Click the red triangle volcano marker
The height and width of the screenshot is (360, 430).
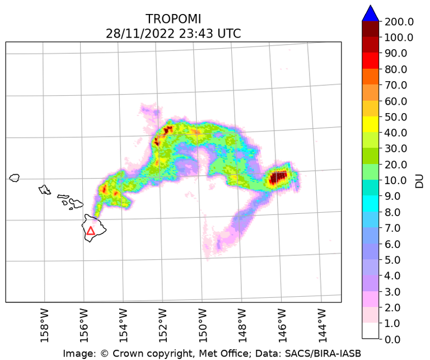(91, 230)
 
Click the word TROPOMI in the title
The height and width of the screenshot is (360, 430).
(173, 19)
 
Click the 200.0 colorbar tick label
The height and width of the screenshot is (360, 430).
(399, 22)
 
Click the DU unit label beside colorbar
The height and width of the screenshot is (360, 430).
(419, 180)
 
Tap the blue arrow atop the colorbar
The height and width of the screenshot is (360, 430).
(370, 13)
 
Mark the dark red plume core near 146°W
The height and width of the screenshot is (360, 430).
(278, 178)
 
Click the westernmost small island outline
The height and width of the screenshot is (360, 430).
(15, 177)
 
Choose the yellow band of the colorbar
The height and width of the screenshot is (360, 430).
(370, 125)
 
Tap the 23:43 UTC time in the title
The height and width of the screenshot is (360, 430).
(211, 34)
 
